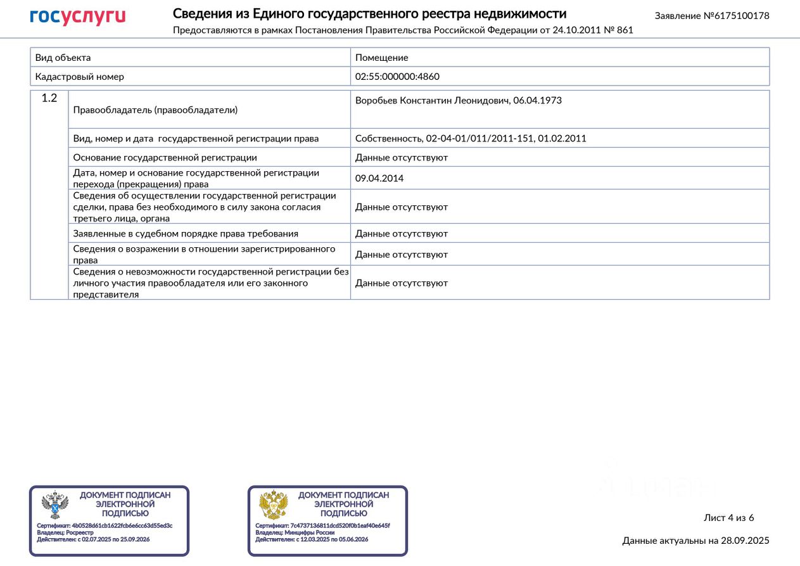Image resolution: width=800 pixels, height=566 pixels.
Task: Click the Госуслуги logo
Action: click(77, 17)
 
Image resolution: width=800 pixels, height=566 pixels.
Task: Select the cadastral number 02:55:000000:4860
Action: click(397, 77)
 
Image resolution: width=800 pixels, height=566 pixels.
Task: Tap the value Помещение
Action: click(381, 58)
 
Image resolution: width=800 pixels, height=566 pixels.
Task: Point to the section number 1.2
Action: click(49, 98)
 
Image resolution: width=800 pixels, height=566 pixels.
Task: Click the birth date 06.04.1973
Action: click(537, 101)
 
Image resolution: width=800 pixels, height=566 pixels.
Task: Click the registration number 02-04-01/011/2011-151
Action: click(479, 138)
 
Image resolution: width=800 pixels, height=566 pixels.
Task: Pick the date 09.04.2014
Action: click(379, 178)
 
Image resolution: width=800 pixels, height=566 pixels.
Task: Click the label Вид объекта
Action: click(63, 58)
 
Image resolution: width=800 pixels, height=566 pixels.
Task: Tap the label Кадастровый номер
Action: click(79, 77)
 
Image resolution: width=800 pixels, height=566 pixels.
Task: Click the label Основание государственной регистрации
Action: click(165, 157)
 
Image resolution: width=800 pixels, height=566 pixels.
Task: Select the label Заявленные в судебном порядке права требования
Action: click(186, 233)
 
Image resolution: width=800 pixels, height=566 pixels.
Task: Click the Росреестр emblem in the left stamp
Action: click(54, 505)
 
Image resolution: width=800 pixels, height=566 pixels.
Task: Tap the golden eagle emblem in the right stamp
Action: click(273, 505)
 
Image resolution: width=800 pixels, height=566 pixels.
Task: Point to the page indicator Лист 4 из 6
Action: click(728, 518)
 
